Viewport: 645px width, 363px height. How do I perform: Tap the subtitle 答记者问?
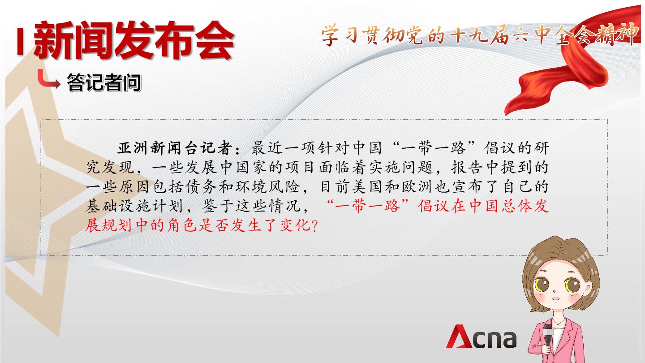tap(104, 82)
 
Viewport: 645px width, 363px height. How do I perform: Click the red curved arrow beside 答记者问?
tap(48, 80)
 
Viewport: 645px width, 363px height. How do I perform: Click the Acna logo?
tap(482, 337)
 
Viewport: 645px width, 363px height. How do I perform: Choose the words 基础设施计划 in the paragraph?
tap(135, 207)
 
